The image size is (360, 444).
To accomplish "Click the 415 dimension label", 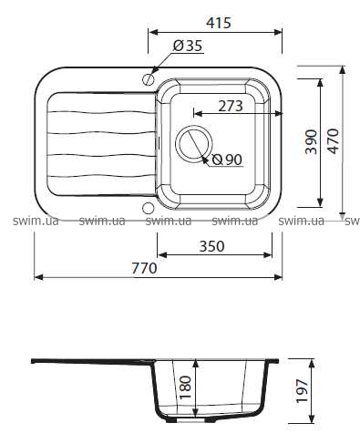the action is coord(219,23).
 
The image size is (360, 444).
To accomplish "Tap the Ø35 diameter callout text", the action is coord(188,46).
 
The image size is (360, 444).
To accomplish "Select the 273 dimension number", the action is coord(231,106).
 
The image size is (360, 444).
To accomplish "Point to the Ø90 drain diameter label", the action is coord(227,160).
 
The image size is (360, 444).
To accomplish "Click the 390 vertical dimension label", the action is coord(312,142).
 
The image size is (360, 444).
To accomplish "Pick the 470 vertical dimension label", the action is coord(334,141).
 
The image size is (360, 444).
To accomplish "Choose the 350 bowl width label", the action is coord(211,246).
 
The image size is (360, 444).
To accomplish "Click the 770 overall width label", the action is coord(144,268).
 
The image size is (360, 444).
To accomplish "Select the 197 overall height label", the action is coord(303,391).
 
